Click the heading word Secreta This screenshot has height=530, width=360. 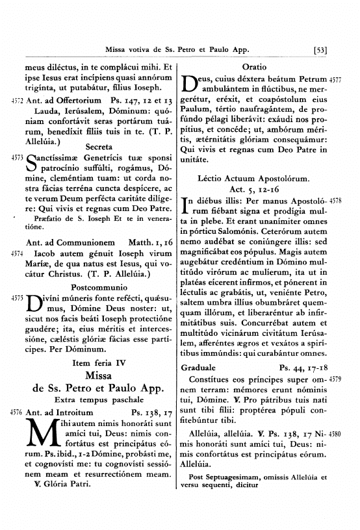(96, 146)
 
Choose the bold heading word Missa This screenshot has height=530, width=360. (96, 376)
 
